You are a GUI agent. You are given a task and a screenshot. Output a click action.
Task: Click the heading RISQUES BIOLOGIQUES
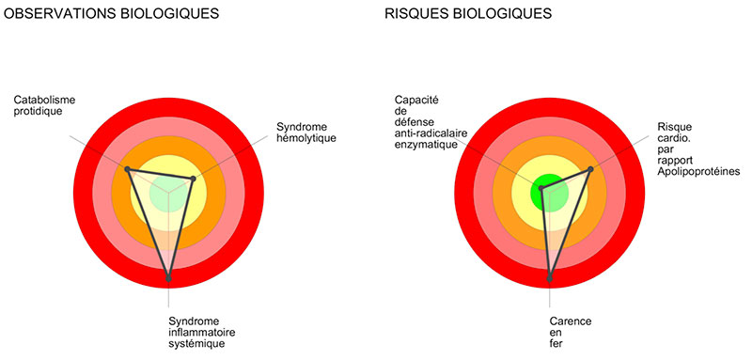click(x=467, y=14)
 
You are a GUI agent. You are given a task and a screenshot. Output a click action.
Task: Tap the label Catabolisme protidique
click(x=44, y=105)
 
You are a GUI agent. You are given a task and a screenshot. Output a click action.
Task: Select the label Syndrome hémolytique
click(x=306, y=133)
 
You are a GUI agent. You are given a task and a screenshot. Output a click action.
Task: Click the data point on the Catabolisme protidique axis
click(x=128, y=169)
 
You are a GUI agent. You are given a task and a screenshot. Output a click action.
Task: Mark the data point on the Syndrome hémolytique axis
click(x=193, y=178)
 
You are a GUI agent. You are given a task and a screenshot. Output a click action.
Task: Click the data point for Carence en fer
click(x=550, y=277)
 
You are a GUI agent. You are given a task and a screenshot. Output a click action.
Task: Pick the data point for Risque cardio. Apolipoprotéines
click(x=590, y=169)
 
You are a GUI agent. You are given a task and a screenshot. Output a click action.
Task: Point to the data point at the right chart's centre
click(x=541, y=189)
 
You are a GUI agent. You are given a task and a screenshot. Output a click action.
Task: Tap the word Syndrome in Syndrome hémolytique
click(x=301, y=126)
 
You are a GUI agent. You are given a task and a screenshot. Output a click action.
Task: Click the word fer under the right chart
click(x=555, y=344)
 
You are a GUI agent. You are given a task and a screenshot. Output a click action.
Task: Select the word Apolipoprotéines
click(x=699, y=171)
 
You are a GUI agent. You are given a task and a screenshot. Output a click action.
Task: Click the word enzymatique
click(x=426, y=145)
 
